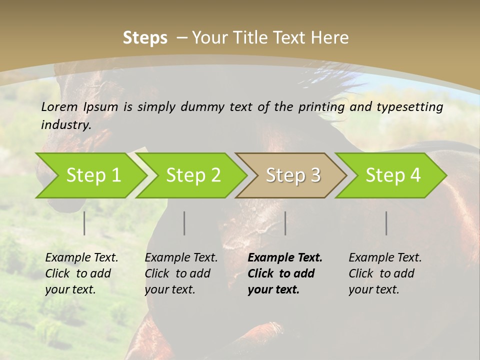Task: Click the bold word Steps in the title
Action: click(145, 37)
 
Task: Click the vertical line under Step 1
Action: click(84, 223)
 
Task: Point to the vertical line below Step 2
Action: click(184, 223)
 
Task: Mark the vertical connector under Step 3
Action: click(285, 223)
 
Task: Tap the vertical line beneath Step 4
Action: click(386, 223)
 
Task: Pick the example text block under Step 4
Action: click(385, 273)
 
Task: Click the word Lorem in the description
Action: click(59, 106)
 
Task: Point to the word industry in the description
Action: click(66, 124)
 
